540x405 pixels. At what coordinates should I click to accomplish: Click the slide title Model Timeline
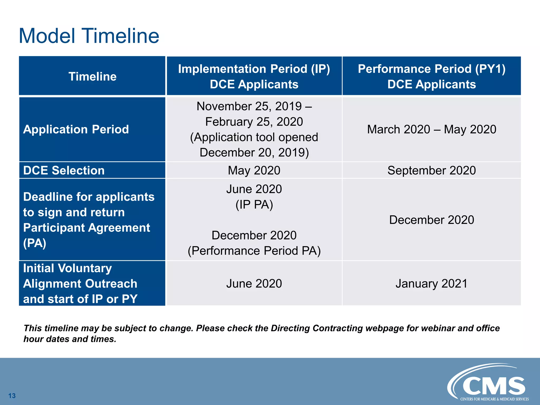click(89, 36)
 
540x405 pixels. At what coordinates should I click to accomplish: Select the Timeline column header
click(92, 76)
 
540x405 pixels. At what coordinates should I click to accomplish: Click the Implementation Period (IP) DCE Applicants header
click(254, 76)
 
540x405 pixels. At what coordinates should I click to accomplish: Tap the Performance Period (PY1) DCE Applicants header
click(431, 76)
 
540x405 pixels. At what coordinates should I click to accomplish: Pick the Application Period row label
click(76, 129)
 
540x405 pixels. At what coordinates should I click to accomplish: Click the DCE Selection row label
click(64, 170)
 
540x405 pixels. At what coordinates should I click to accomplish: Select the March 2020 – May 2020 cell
click(431, 129)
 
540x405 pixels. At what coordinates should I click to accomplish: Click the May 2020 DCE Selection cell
click(254, 170)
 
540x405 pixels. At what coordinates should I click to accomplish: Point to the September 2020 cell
click(431, 170)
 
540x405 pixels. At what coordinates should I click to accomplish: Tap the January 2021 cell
click(431, 284)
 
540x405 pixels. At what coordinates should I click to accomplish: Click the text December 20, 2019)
click(254, 152)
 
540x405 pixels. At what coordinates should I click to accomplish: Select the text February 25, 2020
click(254, 122)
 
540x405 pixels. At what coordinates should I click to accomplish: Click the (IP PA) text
click(254, 205)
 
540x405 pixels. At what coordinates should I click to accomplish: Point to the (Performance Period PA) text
click(254, 251)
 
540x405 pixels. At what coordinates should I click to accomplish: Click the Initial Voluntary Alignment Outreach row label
click(80, 283)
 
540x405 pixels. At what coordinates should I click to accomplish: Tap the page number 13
click(12, 396)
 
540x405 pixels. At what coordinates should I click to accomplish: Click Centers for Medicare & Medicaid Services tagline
click(494, 399)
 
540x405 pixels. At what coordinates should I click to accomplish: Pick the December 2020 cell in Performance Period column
click(431, 220)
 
